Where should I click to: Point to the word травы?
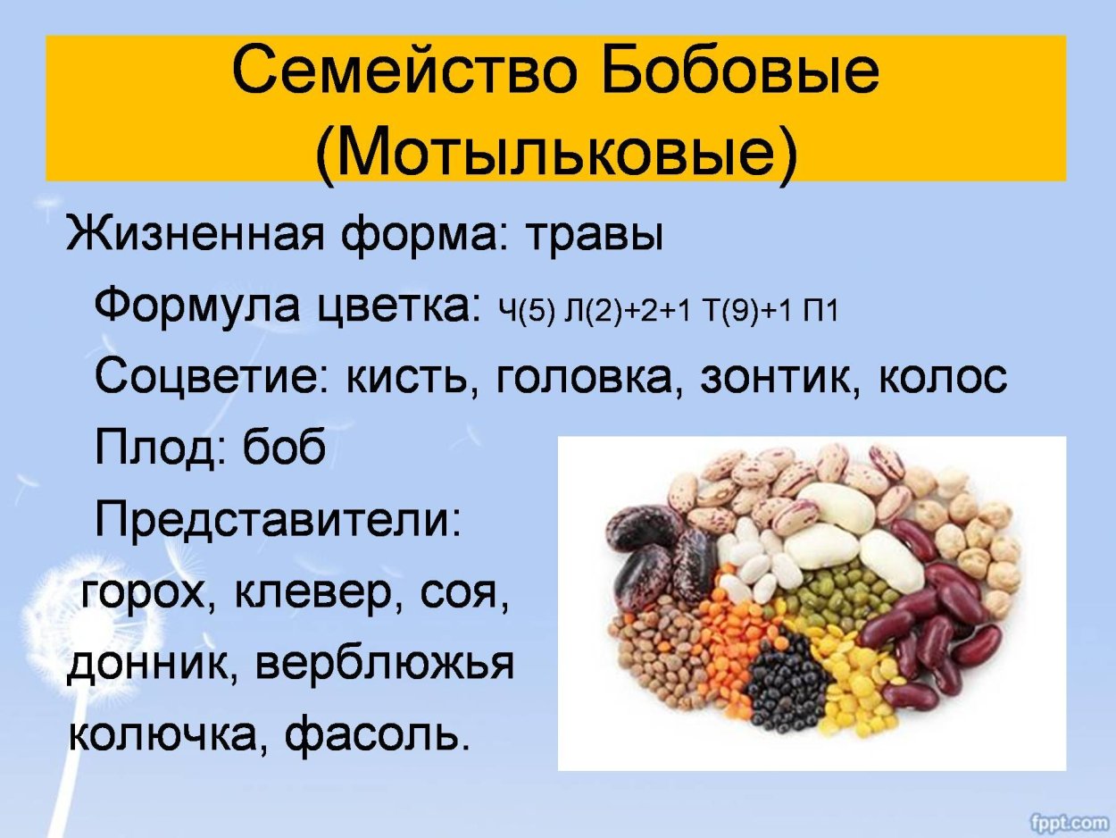pyautogui.click(x=593, y=235)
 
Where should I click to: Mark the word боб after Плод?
pyautogui.click(x=283, y=449)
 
